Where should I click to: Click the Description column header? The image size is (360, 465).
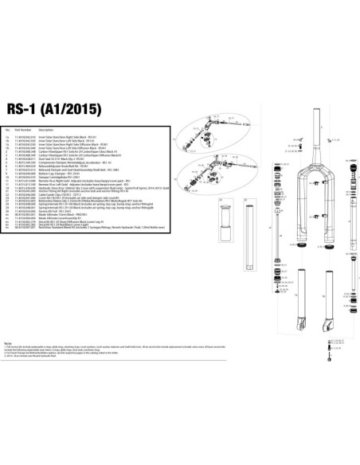[46, 127]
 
